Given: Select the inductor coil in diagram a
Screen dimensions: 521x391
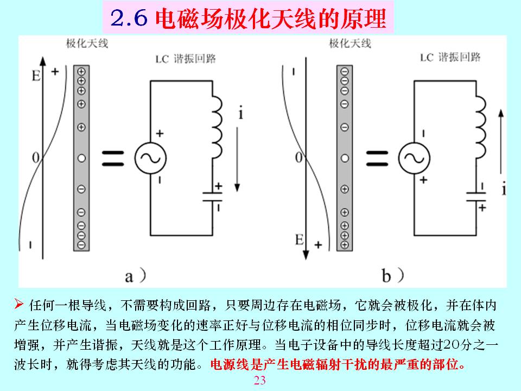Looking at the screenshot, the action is coord(217,127).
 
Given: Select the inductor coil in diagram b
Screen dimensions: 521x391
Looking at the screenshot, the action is coord(481,127).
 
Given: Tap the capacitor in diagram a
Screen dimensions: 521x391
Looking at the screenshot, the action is coord(213,197).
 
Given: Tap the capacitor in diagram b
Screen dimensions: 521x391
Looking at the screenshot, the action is coord(476,197).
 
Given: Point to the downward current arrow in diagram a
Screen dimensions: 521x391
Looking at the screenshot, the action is coord(237,160).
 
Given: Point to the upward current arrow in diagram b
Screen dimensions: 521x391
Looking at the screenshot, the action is coord(501,142).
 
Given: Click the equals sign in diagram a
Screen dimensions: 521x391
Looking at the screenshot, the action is coord(113,158).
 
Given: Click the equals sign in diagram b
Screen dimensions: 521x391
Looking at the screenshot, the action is coord(377,158).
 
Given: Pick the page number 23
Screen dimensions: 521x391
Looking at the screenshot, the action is coord(260,380).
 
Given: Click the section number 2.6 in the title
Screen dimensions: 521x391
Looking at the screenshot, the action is coord(129,18).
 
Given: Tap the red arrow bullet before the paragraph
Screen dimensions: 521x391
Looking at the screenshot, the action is coord(18,304).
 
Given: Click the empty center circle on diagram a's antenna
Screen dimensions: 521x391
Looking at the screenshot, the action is coord(81,158).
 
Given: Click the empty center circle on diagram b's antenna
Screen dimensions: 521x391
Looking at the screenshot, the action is coord(345,158).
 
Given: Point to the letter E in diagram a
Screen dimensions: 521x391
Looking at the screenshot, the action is coord(36,76).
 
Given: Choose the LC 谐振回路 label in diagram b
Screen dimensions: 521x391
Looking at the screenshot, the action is coord(450,57).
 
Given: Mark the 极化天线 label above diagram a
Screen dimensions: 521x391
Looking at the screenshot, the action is coord(87,43).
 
